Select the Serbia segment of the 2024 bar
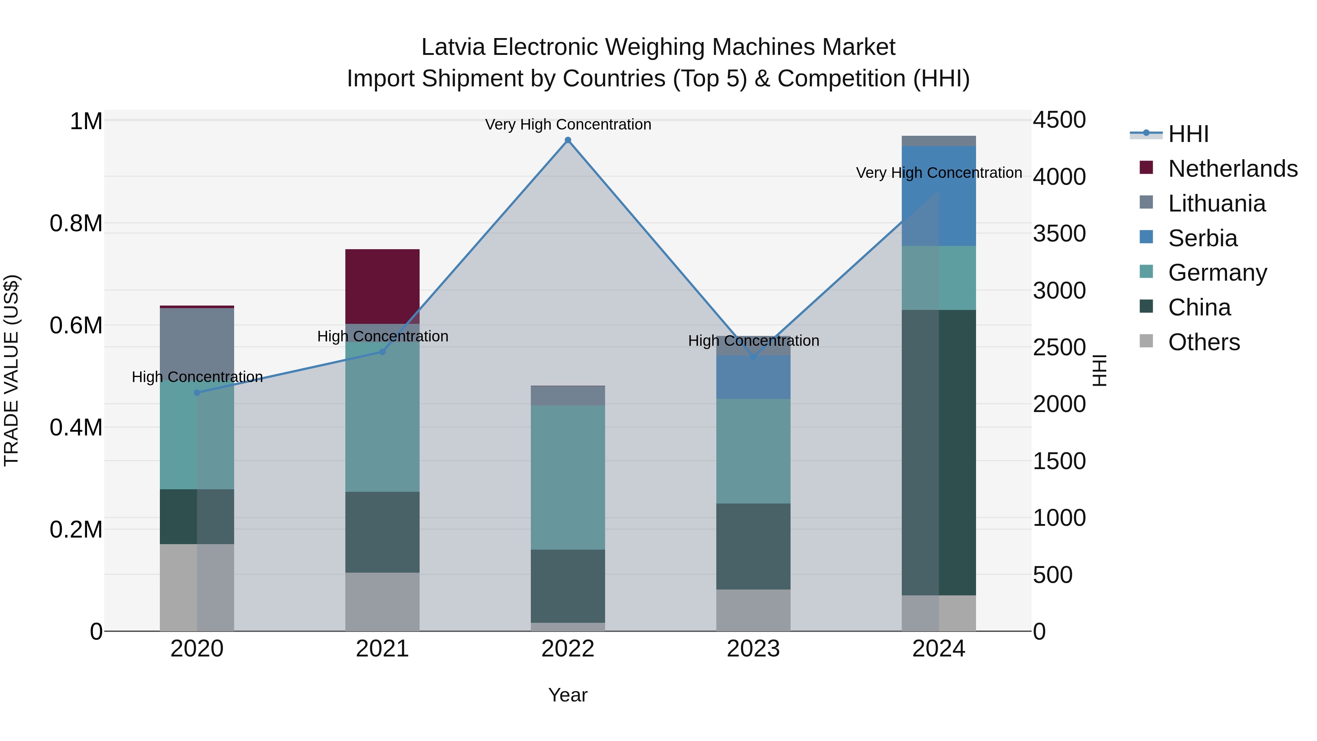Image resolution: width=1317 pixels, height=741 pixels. (x=939, y=196)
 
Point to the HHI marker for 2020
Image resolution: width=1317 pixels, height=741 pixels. (x=197, y=392)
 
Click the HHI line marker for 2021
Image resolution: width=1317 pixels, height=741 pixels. (x=382, y=352)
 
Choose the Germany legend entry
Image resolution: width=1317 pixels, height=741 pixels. (x=1217, y=273)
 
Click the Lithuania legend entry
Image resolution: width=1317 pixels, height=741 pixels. (x=1216, y=203)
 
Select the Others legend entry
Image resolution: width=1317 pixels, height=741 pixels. (x=1204, y=342)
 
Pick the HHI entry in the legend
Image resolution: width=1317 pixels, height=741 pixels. (x=1188, y=134)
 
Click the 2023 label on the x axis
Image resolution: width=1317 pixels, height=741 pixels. (x=753, y=649)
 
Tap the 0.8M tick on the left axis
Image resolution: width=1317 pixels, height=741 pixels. (x=76, y=224)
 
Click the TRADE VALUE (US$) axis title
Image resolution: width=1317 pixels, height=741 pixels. (x=11, y=370)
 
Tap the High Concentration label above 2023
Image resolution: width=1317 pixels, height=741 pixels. (x=753, y=341)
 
